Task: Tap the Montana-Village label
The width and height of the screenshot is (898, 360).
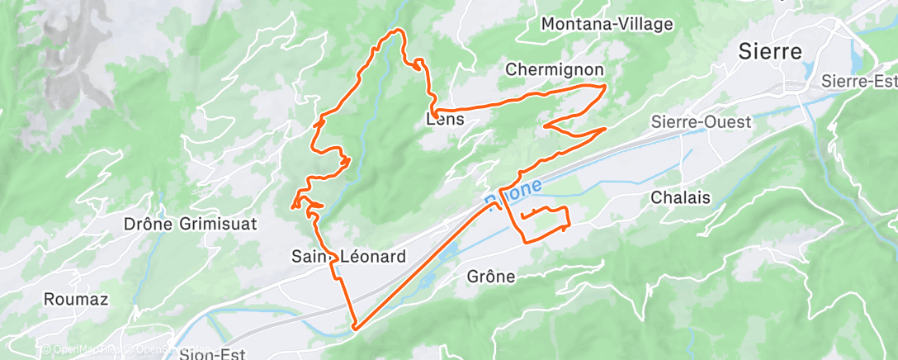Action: [x=607, y=25]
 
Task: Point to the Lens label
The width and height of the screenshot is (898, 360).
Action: [x=445, y=120]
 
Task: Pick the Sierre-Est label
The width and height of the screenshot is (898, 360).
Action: [x=859, y=81]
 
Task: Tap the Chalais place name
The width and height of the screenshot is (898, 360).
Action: [x=681, y=198]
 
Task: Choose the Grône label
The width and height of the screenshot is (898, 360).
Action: [x=490, y=277]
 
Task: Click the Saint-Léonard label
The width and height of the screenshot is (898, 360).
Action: [x=348, y=257]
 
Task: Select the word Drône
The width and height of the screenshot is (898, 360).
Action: [x=146, y=224]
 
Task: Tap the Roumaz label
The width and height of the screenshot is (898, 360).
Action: [x=77, y=299]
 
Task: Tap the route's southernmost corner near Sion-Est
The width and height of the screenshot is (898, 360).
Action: [x=354, y=328]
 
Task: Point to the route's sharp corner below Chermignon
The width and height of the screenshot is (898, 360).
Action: [x=605, y=86]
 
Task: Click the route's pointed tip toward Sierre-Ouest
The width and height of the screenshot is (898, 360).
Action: [x=607, y=129]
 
